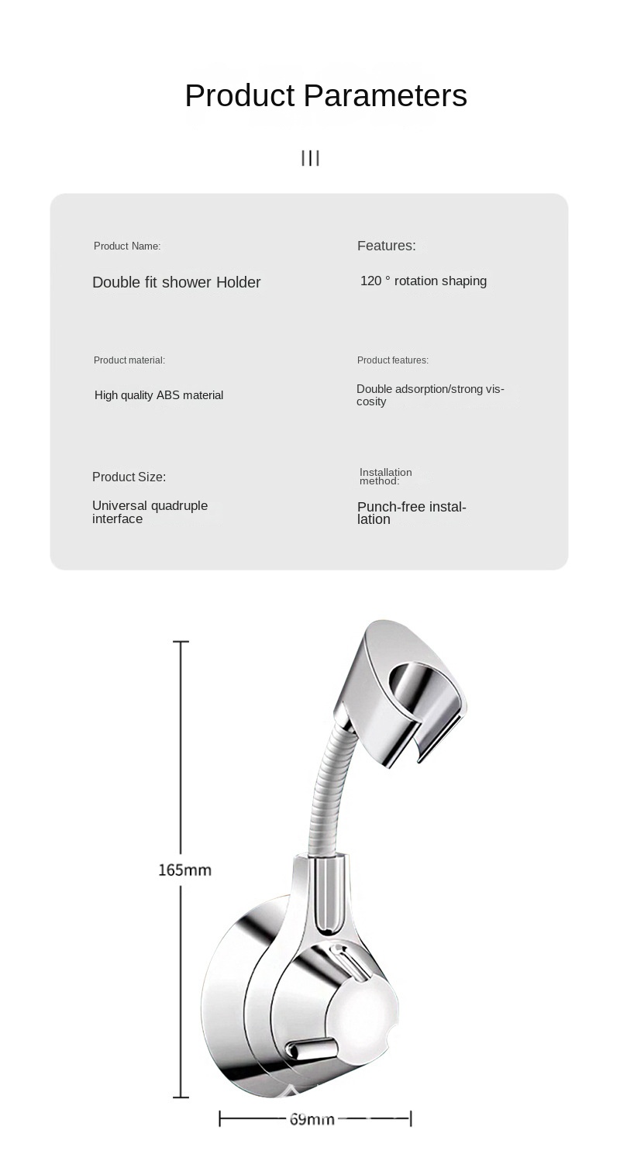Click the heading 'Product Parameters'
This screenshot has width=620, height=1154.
[x=325, y=95]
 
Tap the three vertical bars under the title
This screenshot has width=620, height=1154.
[x=310, y=158]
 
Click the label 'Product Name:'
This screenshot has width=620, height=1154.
[x=127, y=246]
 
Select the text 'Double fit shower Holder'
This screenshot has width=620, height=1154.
[x=176, y=282]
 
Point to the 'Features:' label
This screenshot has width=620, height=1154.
[x=386, y=246]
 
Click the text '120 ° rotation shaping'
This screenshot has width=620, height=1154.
[x=423, y=281]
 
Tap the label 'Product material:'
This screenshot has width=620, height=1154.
[x=129, y=360]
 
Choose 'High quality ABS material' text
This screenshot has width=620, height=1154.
[x=159, y=395]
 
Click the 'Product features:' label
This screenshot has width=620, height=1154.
[x=392, y=360]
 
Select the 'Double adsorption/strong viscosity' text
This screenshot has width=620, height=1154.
[x=429, y=394]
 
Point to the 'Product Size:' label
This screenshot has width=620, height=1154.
[x=129, y=477]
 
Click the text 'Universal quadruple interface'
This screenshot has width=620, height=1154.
[x=150, y=512]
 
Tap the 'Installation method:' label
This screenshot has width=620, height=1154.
[x=385, y=477]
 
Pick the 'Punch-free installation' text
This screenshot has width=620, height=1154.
[x=411, y=513]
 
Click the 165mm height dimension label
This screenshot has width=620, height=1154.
[x=184, y=870]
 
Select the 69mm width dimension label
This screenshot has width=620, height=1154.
[x=312, y=1119]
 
